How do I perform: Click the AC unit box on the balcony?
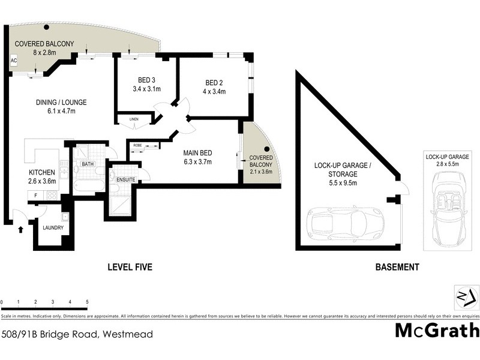click(x=13, y=61)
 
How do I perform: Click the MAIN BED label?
click(x=197, y=152)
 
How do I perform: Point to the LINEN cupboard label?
click(x=133, y=120)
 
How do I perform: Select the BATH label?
click(x=88, y=164)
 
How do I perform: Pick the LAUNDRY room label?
click(x=53, y=228)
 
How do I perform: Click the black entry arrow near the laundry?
click(x=22, y=229)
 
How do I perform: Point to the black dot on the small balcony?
click(x=268, y=149)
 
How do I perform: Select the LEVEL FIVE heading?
click(x=130, y=268)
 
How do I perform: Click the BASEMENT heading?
click(x=396, y=268)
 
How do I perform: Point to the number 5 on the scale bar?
click(x=87, y=302)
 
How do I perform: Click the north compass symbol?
click(x=465, y=296)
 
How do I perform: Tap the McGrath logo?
click(x=437, y=331)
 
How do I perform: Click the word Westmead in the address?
click(x=127, y=334)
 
